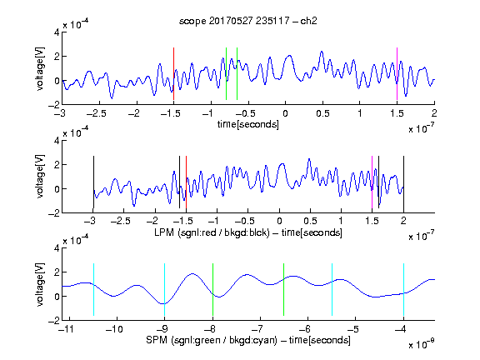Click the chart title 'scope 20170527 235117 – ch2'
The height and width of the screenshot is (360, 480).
coord(247,21)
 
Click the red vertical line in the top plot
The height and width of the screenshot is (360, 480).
coord(173,74)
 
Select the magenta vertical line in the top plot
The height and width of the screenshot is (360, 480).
coord(397,74)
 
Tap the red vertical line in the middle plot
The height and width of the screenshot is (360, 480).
coord(186,182)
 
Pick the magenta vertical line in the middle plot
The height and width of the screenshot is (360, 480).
coord(372,182)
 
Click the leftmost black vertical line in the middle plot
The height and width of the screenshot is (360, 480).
coord(93,182)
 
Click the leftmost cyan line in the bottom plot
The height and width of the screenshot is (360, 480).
coord(93,289)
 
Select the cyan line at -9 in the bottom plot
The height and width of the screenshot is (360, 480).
coord(165,289)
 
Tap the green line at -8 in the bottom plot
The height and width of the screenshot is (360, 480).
coord(212,289)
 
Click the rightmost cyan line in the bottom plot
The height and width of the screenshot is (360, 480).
coord(403,289)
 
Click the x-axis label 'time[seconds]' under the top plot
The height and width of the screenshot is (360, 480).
coord(248,124)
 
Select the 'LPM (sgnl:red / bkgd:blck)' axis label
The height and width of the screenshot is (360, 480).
coord(212,232)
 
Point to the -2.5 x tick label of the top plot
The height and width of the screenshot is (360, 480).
coord(96,113)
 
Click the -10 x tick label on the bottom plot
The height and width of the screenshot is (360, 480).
coord(114,329)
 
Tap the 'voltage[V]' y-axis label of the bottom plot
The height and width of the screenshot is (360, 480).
coord(40,284)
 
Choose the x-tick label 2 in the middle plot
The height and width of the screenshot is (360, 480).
coord(403,221)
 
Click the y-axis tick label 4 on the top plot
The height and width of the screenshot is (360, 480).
coord(57,32)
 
